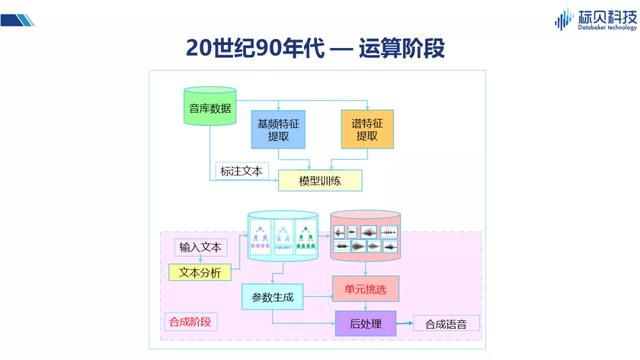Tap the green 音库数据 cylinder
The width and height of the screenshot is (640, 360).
point(209,108)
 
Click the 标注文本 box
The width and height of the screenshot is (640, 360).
point(240,171)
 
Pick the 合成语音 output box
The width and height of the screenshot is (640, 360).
point(446,323)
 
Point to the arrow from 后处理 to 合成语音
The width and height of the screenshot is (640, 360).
point(404,323)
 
